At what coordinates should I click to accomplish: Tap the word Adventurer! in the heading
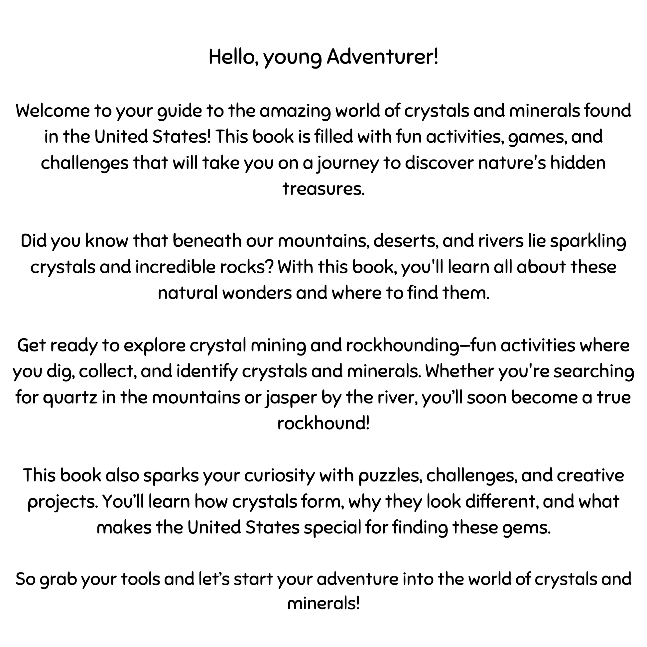[x=383, y=57]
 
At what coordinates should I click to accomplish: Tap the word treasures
[x=323, y=189]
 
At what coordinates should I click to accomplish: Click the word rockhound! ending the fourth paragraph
[x=323, y=424]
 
